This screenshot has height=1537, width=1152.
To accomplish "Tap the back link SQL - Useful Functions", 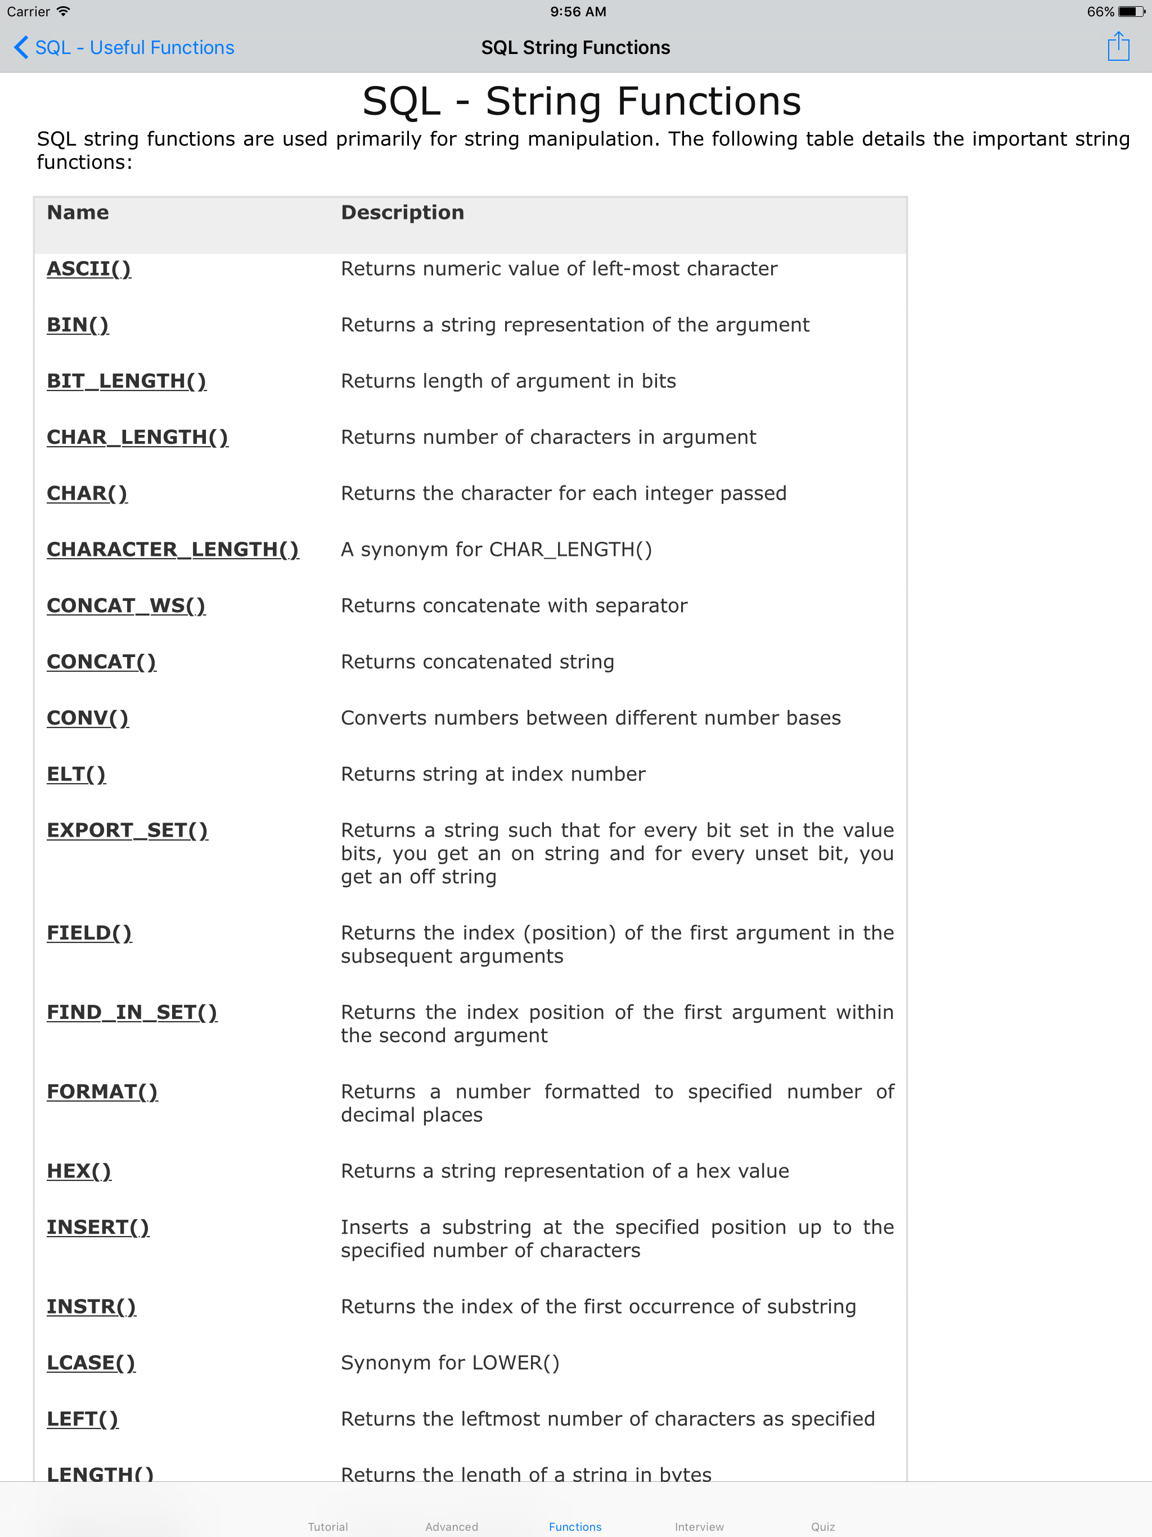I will coord(125,47).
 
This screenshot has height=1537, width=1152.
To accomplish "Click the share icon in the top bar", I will coord(1118,47).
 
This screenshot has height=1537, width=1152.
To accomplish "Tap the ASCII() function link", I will coord(89,268).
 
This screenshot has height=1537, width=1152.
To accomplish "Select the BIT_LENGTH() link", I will coord(127,381).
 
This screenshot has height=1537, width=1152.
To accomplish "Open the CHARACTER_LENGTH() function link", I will coord(172,549).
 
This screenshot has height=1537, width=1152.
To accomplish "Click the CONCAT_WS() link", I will coord(126,605).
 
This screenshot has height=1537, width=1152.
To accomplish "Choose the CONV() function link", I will coord(88,718).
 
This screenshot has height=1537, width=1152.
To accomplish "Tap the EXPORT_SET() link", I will coord(127,830).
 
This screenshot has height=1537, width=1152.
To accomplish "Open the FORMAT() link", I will coord(102,1091).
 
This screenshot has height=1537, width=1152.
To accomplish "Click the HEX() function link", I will coord(79,1171).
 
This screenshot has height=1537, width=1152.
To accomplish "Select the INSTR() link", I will coord(91,1306).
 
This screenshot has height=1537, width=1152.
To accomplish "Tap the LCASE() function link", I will coord(91,1363).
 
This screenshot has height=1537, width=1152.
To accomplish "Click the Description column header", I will coord(402,212).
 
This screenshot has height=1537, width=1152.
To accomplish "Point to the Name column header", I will coord(78,212).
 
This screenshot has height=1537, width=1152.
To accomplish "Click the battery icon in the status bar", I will coord(1131,12).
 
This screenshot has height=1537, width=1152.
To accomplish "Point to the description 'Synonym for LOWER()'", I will coord(449,1363).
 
